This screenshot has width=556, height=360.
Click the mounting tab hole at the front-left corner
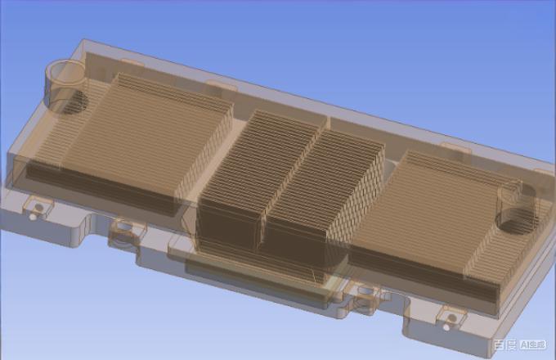click(34, 209)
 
